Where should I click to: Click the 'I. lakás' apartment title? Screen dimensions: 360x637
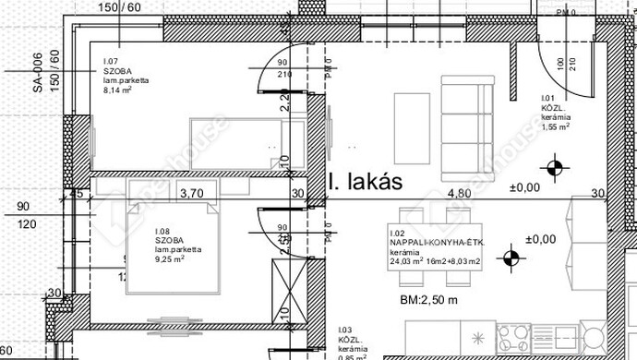coord(365,182)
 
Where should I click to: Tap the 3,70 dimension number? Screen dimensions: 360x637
coord(191,194)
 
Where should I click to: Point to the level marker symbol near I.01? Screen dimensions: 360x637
coord(553,168)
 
